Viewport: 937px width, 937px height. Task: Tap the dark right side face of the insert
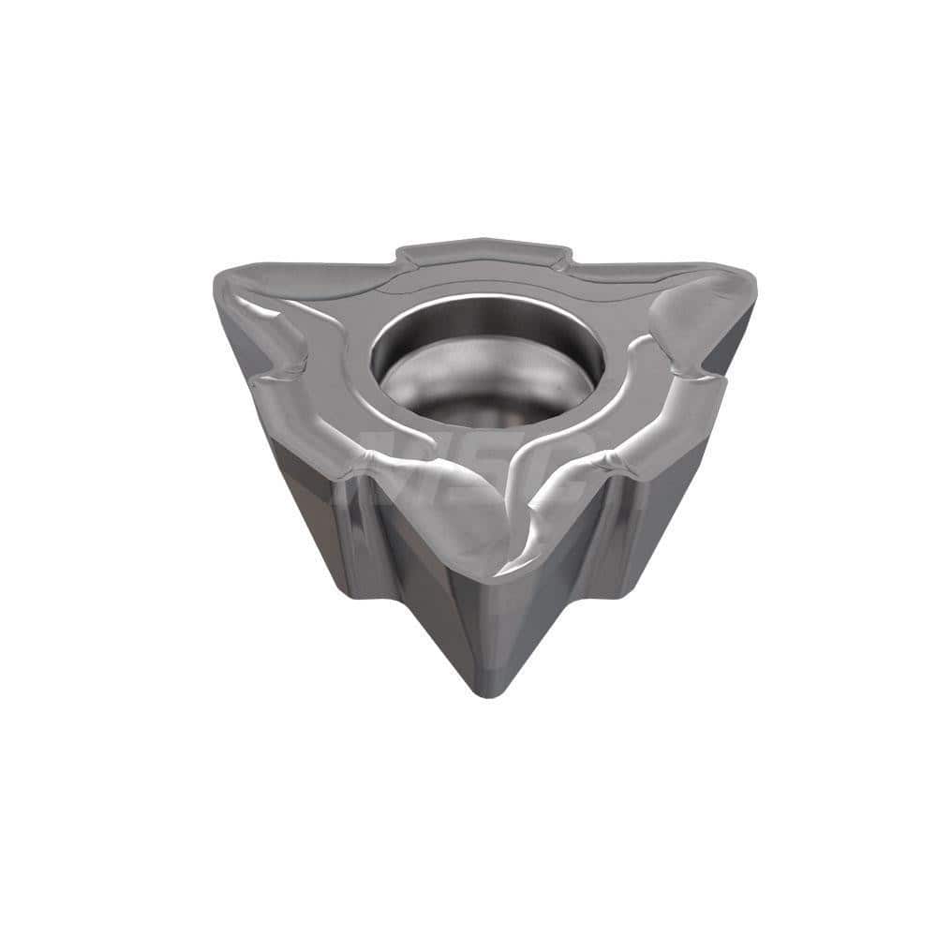656,506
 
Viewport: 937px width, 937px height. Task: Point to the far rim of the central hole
486,302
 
